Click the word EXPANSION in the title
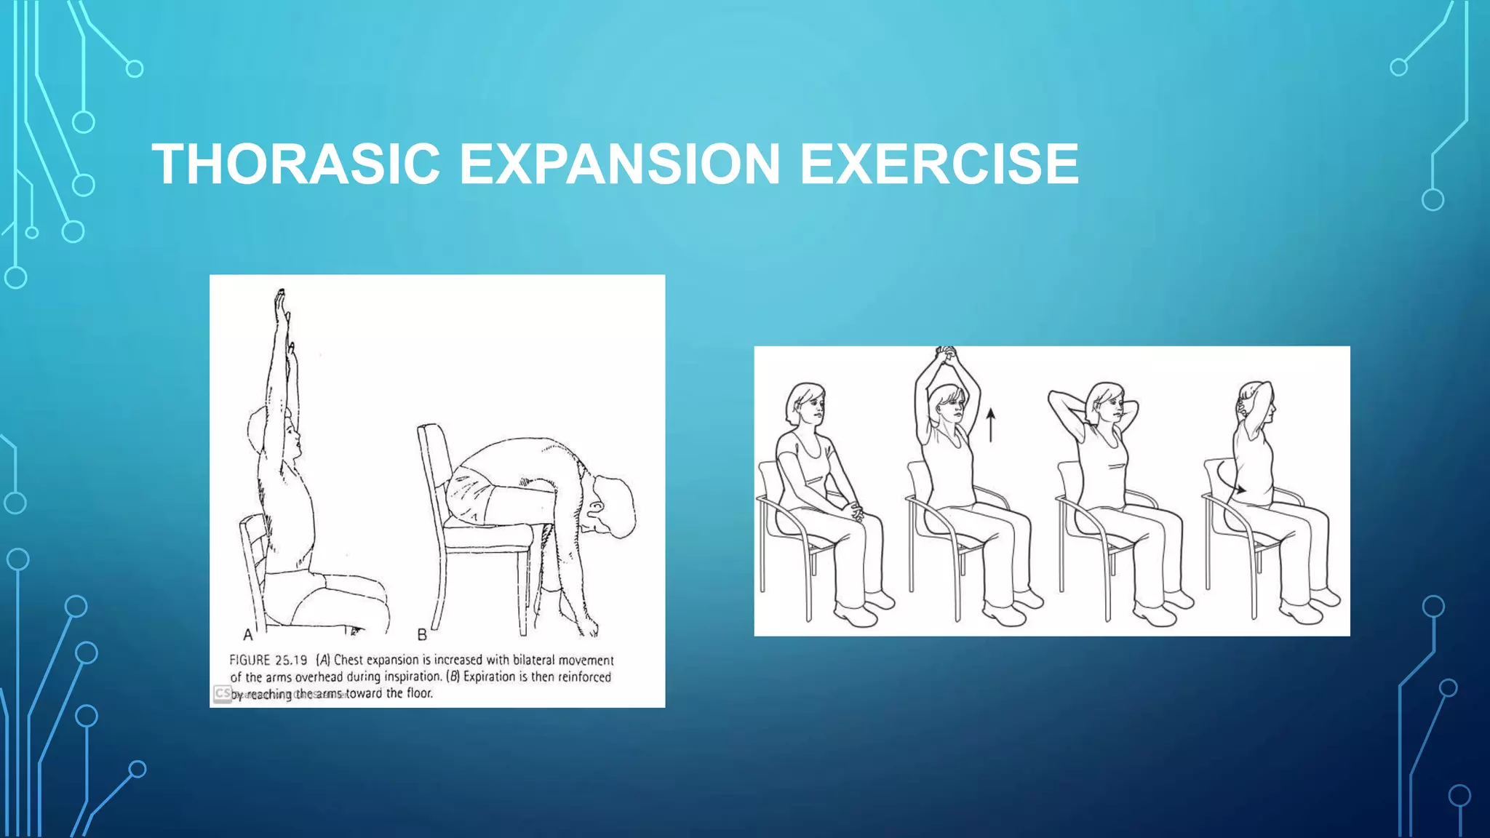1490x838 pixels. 620,164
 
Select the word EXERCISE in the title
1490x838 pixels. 939,164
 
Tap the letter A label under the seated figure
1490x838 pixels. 248,634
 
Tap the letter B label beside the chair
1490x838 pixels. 422,634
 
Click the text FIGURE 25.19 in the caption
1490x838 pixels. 268,660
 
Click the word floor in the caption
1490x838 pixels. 419,693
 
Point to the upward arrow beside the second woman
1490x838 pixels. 990,425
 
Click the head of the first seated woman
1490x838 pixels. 806,404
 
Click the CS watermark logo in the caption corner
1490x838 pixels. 223,693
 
